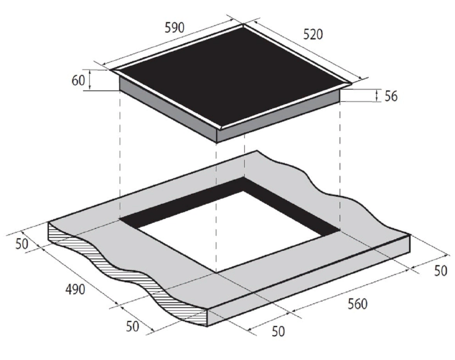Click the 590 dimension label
pos(175,28)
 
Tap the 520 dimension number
pos(313,34)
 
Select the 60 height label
pos(78,80)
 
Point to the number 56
pos(390,96)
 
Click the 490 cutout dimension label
pos(75,290)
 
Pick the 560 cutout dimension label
pos(358,304)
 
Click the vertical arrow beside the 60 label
pos(89,79)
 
